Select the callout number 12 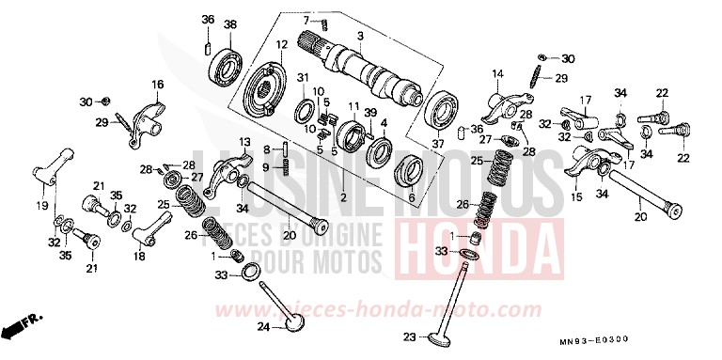click(x=280, y=44)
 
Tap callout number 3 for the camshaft click(x=359, y=37)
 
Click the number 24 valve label click(x=266, y=327)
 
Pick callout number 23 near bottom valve click(x=408, y=337)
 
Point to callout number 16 click(x=157, y=84)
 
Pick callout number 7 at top click(x=306, y=20)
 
